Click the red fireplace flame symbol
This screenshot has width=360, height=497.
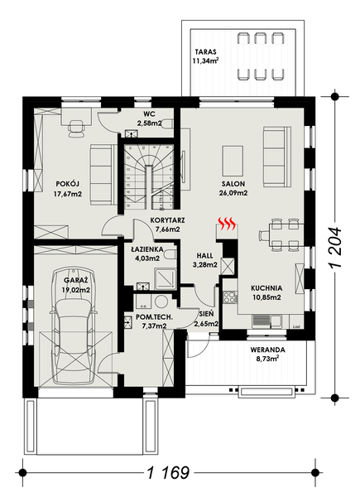[x=227, y=223]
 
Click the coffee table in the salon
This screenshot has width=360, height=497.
[x=233, y=157]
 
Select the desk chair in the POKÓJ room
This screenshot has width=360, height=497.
[x=77, y=127]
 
